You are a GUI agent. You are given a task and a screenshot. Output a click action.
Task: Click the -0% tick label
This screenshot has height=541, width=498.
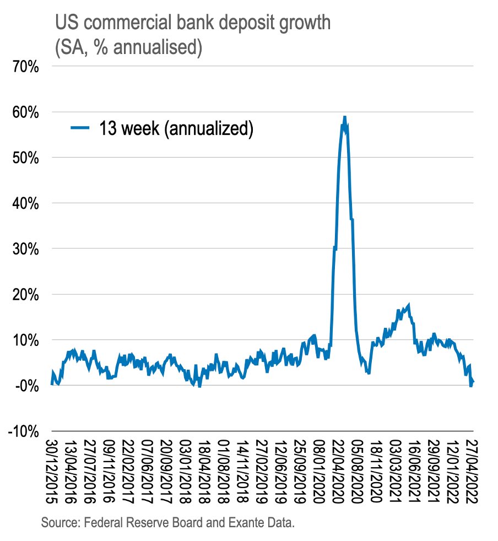coord(25,385)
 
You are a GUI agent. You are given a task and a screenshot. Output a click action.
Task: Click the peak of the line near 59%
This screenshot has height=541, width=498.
coord(344,117)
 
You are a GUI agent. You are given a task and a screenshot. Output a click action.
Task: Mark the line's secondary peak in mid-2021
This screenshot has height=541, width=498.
coord(408,305)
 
